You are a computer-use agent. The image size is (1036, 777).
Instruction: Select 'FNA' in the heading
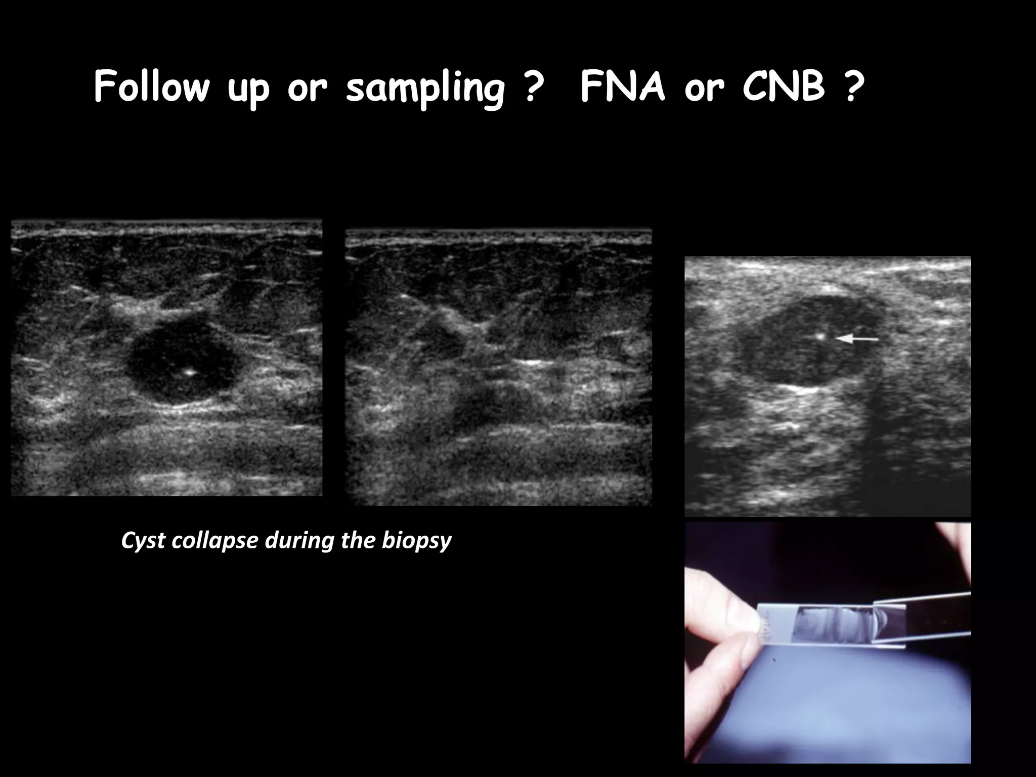point(622,87)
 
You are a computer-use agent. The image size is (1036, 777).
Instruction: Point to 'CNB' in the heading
point(784,87)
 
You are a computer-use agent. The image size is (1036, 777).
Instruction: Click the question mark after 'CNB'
point(853,87)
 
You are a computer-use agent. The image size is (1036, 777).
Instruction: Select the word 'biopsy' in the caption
point(416,541)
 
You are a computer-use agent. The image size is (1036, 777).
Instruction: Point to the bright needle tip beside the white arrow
point(821,335)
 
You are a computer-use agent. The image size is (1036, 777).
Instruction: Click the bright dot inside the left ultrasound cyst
point(190,372)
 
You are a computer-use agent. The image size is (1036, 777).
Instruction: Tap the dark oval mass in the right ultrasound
point(804,344)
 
